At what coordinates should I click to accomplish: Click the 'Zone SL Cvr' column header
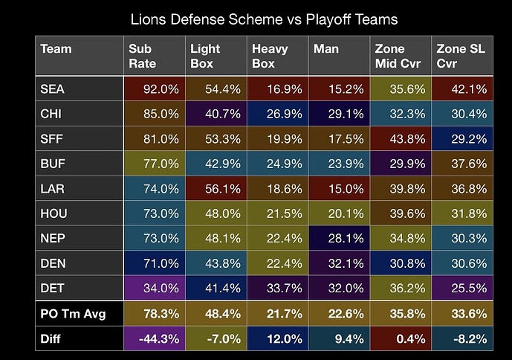461,56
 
